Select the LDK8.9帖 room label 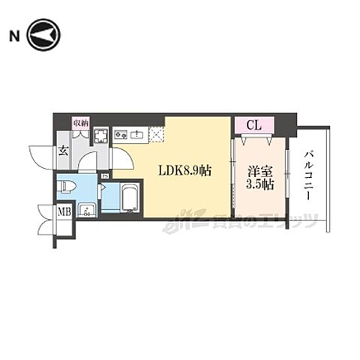[184, 171]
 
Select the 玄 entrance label [64, 151]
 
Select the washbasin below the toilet [87, 209]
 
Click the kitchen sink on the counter [137, 136]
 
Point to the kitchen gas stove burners [120, 136]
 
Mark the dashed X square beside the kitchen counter [156, 135]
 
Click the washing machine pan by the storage [100, 136]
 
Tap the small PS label [106, 177]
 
